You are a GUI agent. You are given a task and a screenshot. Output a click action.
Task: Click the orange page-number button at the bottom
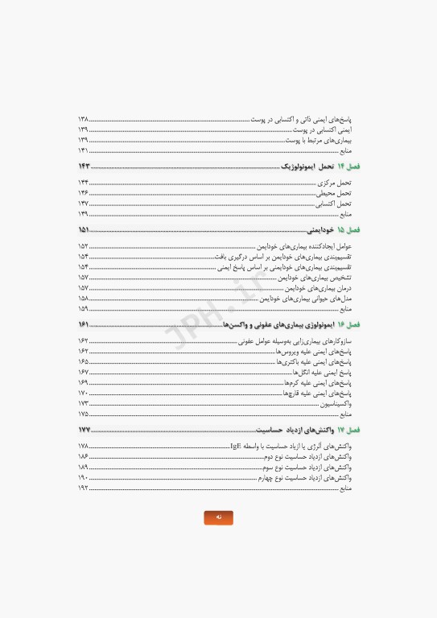pos(218,517)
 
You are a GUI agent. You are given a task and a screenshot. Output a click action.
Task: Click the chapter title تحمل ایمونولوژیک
pos(307,167)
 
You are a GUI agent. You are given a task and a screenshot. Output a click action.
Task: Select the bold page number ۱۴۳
pos(84,167)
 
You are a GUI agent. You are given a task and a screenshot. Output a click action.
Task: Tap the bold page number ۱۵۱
pos(84,230)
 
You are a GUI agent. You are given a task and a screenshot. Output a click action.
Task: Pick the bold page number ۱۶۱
pos(84,325)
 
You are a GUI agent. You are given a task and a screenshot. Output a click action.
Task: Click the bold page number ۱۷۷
pos(84,431)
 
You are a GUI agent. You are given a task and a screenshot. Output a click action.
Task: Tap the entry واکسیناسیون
pos(336,404)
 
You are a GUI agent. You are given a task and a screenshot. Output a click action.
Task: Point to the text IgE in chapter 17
pos(236,446)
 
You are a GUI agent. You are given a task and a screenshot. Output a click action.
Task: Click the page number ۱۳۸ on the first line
pos(83,119)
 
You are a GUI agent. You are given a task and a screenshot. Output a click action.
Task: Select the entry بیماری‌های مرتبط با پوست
pos(319,140)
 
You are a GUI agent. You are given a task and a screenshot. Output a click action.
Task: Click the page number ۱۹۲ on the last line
pos(83,488)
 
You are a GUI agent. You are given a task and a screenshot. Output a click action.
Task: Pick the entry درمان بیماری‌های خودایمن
pos(319,288)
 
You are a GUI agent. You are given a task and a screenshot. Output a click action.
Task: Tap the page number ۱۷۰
pos(83,393)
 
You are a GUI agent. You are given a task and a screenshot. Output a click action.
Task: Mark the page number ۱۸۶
pos(83,456)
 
